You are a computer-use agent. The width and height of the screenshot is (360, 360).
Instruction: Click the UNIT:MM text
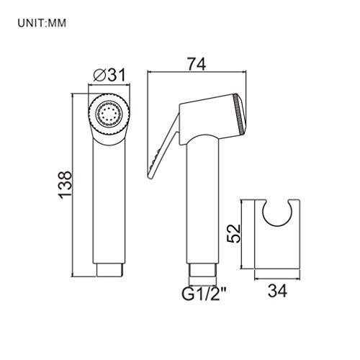click(42, 23)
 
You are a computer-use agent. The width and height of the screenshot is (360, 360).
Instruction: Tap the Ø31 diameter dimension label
click(109, 75)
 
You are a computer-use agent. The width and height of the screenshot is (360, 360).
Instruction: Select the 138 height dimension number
click(65, 185)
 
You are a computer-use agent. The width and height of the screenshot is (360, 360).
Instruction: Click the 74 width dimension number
click(197, 64)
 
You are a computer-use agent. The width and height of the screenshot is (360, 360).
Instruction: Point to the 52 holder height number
click(233, 233)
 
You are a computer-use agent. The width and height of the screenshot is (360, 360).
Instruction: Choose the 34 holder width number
click(277, 291)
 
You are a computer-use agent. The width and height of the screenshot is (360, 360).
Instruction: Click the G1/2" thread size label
click(204, 294)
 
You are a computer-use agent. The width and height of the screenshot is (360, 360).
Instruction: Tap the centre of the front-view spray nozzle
click(109, 113)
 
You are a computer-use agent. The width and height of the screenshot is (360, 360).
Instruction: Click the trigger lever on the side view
click(163, 146)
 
